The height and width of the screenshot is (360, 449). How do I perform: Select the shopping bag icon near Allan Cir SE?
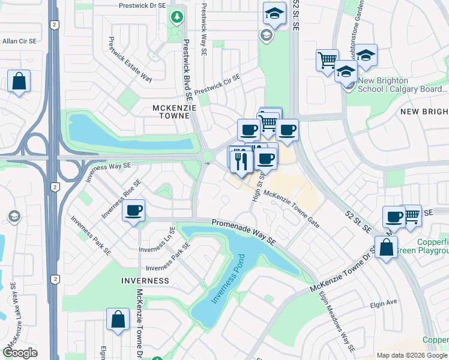(x=19, y=81)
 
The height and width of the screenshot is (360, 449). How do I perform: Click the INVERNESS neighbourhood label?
(x=145, y=281)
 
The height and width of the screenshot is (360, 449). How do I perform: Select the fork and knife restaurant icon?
(x=241, y=161)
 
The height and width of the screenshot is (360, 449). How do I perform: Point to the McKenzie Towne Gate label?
(x=292, y=209)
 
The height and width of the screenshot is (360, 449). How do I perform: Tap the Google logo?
(x=20, y=353)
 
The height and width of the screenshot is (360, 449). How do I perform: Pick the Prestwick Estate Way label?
(x=130, y=59)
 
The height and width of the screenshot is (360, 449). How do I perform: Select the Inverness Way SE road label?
(x=107, y=167)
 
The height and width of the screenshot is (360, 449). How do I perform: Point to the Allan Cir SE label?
(x=19, y=41)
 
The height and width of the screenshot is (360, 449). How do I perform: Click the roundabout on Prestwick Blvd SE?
(x=208, y=157)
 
